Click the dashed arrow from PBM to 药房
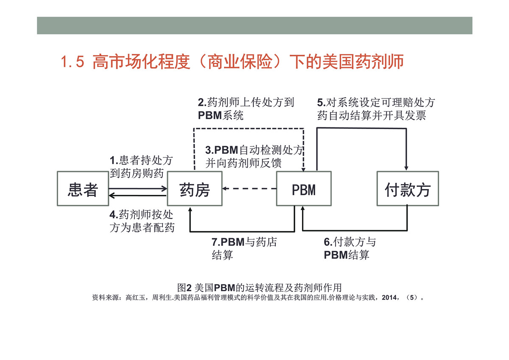[249, 188]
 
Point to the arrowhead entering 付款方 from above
[406, 168]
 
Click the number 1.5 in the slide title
[73, 62]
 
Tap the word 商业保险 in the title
[240, 62]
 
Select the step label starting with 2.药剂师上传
[246, 109]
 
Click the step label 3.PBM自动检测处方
[254, 157]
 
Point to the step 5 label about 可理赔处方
[376, 109]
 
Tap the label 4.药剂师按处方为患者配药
[142, 221]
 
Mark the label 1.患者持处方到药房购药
[141, 167]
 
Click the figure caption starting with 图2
[259, 288]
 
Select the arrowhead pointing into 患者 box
[111, 196]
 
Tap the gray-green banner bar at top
[255, 25]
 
